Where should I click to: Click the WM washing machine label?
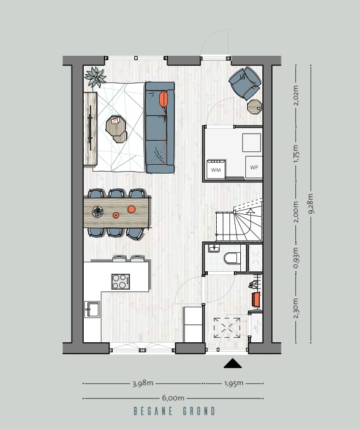tap(216, 170)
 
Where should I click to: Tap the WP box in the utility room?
tap(254, 167)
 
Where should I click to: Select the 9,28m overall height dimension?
tap(311, 203)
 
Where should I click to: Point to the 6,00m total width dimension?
tap(173, 398)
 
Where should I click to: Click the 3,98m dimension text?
tap(143, 383)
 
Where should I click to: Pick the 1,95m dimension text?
tap(234, 383)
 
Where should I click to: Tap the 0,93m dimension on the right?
tap(296, 258)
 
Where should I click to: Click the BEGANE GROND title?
tap(174, 411)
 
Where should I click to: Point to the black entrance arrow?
tap(233, 363)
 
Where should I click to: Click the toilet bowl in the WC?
tap(231, 258)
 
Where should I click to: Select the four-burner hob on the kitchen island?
tap(120, 281)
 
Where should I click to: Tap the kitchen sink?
tap(92, 309)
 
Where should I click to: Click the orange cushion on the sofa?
tap(164, 99)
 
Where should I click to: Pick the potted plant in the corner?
tap(95, 77)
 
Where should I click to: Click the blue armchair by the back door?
tap(245, 82)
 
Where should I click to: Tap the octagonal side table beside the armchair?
tap(254, 106)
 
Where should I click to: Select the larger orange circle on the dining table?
tap(132, 209)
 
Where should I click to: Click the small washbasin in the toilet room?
tap(214, 248)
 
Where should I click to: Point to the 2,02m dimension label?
tap(296, 95)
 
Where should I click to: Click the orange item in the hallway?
tap(256, 299)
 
